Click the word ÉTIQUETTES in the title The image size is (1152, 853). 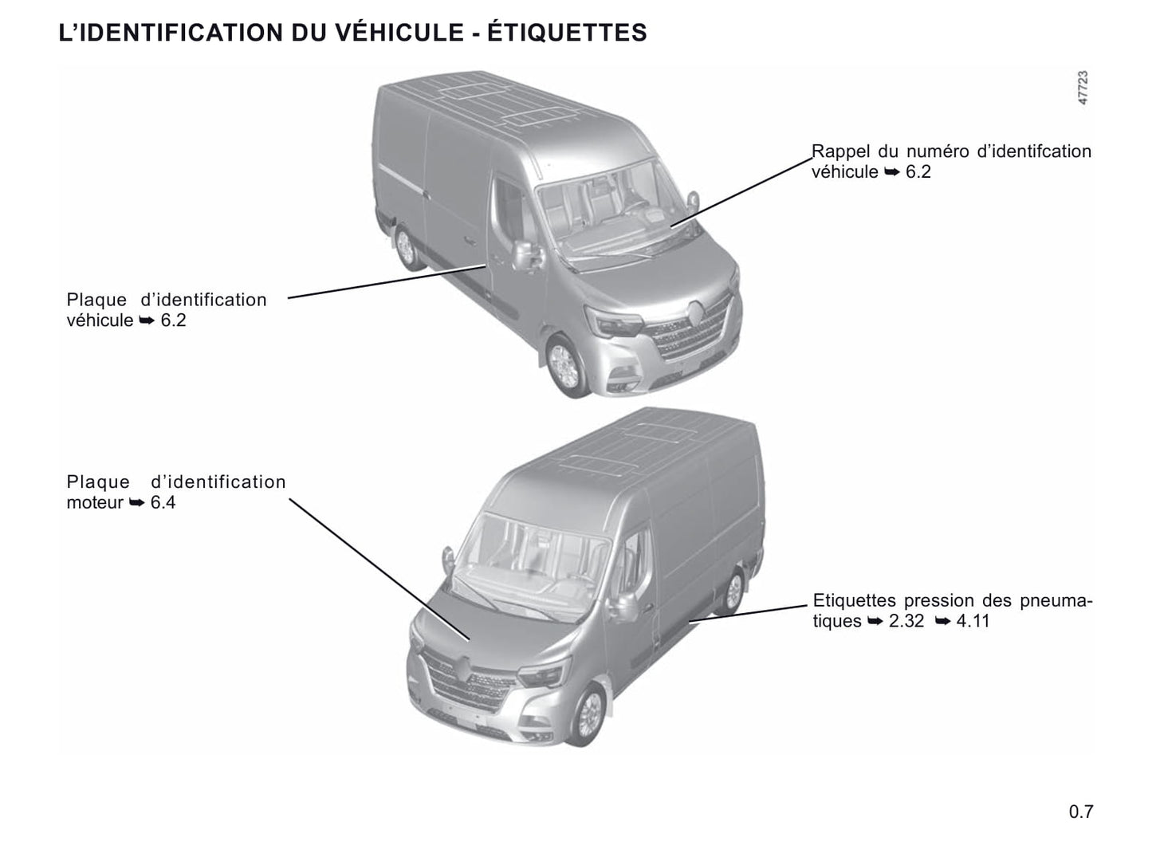(567, 32)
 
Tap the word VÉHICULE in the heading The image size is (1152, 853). (399, 32)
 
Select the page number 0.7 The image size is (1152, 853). (1081, 811)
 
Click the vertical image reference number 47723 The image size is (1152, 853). (1083, 88)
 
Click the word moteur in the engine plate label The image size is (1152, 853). (95, 503)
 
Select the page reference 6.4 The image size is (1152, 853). (163, 503)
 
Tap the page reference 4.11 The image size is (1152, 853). (973, 621)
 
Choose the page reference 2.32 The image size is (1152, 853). (906, 621)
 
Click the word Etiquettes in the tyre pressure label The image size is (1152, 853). (855, 600)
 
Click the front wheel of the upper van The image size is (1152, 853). (565, 365)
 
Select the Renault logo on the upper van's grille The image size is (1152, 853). (696, 313)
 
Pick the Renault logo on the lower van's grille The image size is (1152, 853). (464, 670)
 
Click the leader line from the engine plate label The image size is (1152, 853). (379, 569)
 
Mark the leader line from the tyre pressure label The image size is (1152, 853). (748, 613)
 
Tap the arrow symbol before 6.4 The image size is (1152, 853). (137, 503)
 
